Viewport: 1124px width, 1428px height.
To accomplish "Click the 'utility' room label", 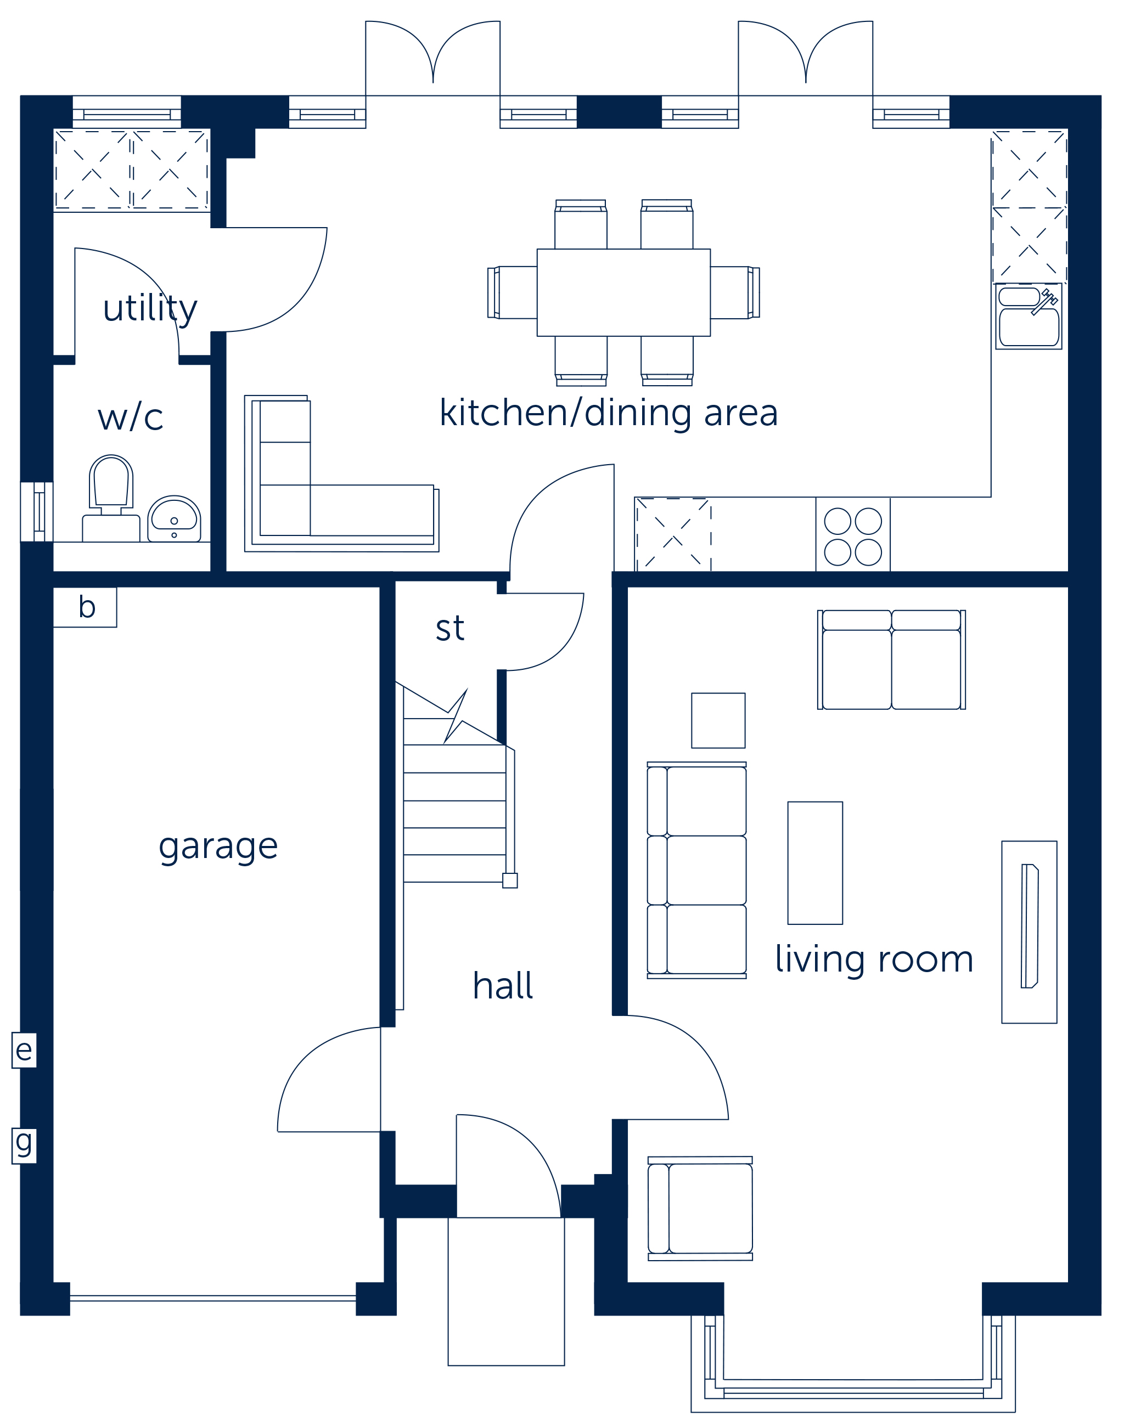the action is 150,308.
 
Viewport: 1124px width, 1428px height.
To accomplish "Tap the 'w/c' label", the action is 130,416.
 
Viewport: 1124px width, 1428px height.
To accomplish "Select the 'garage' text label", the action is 218,846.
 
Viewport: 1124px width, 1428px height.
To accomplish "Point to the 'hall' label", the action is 503,985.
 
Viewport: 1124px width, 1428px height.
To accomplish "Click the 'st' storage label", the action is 450,628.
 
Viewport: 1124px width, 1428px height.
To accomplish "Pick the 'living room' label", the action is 874,959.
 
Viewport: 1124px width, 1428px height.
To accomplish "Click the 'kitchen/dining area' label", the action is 609,413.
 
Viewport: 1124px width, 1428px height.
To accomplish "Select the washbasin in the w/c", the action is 175,519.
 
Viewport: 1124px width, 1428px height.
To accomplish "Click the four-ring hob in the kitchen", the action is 853,537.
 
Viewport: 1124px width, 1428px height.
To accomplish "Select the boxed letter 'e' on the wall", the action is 24,1050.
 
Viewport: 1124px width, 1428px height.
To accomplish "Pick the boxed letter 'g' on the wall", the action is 24,1145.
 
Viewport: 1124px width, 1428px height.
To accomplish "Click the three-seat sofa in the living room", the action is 697,870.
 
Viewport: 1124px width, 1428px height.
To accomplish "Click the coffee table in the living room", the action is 816,863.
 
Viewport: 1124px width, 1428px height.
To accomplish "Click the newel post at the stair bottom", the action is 510,880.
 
